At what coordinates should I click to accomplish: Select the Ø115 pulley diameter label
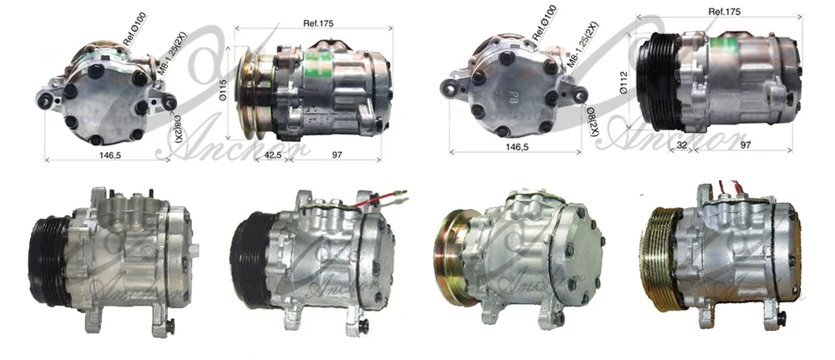click(223, 89)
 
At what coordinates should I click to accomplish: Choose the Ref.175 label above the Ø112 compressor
click(726, 12)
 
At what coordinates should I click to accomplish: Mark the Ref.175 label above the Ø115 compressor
click(314, 23)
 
